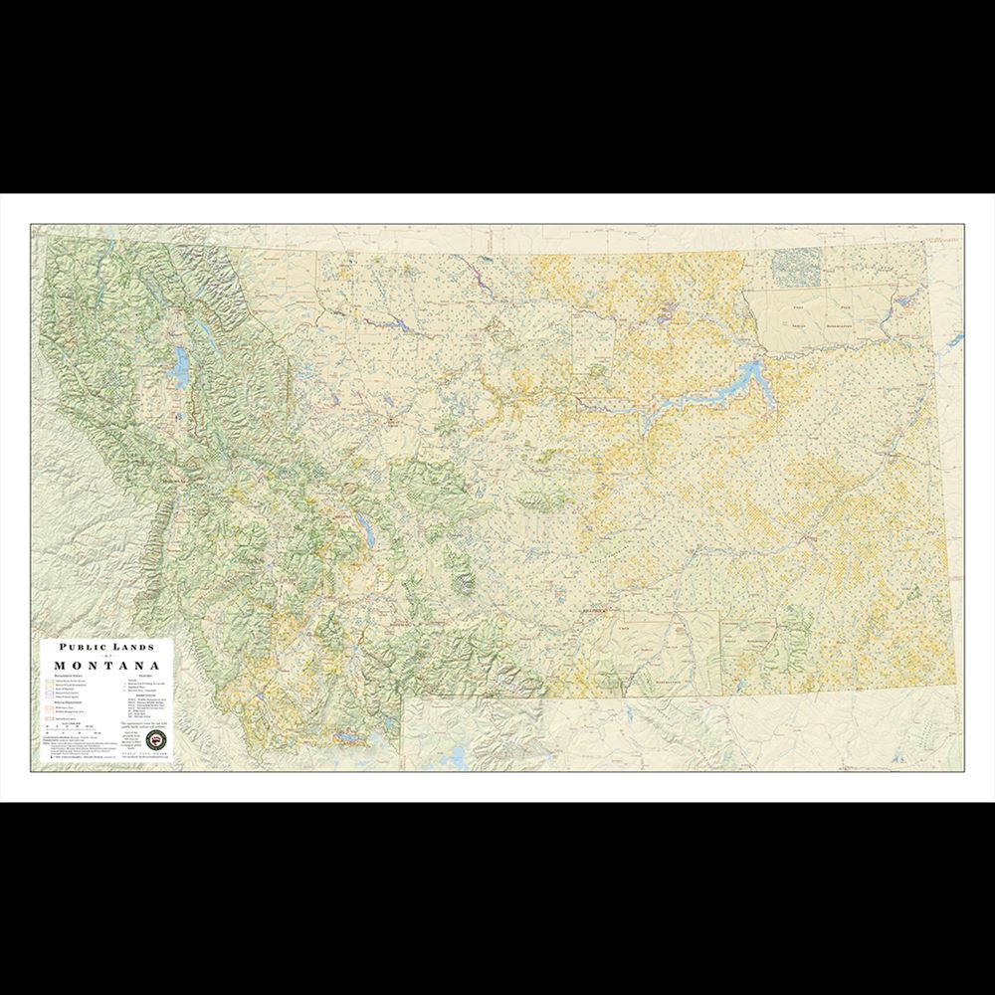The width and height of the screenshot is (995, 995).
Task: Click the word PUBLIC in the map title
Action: coord(80,646)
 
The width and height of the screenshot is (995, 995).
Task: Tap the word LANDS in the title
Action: coord(134,646)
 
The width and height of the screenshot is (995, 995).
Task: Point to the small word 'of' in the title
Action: coord(106,655)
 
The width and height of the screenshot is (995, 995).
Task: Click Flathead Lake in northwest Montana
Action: coord(180,368)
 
